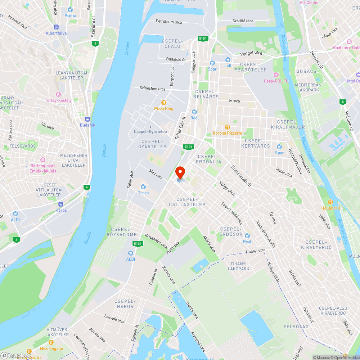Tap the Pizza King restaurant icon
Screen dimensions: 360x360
pos(164,102)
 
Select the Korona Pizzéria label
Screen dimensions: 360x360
pos(228,133)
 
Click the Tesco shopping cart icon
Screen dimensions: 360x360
pos(143,186)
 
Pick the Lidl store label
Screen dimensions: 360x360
pos(228,66)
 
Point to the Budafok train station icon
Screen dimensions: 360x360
pos(87,119)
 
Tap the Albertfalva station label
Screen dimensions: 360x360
pos(56,33)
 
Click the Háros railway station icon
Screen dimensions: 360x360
pos(61,204)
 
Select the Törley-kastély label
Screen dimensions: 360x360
pos(58,100)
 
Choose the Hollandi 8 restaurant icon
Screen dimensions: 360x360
pos(330,202)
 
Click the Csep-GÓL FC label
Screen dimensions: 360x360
pos(276,81)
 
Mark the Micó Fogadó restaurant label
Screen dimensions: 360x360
pos(51,348)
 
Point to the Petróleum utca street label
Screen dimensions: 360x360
pos(169,22)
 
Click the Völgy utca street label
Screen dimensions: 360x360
pos(227,188)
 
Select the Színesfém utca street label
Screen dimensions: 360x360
pos(152,89)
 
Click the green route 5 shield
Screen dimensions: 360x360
pos(342,102)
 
